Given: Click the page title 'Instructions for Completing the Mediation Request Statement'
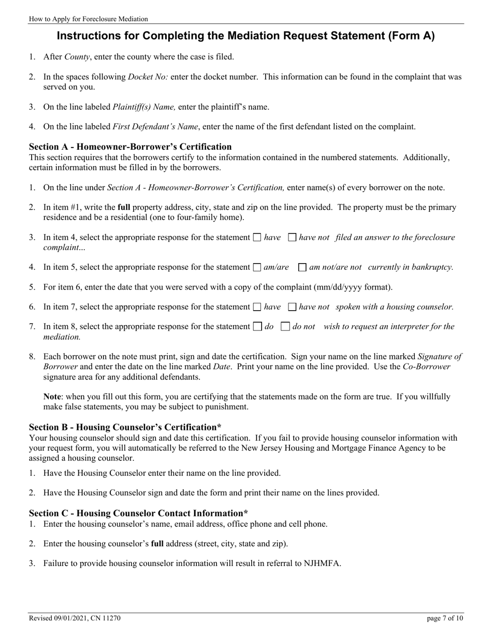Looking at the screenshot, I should (x=245, y=36).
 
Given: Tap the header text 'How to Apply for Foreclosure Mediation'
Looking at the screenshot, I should (x=89, y=19).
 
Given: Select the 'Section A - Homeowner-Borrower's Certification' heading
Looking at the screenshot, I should (x=130, y=147).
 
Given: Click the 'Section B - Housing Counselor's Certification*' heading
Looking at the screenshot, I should (x=125, y=427).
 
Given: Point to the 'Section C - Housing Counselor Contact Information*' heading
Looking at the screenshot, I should (x=138, y=513).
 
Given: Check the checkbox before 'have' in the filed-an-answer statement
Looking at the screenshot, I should (x=257, y=238).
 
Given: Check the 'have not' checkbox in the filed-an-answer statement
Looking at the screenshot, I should (x=292, y=238).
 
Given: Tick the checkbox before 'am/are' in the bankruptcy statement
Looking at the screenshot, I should (x=257, y=268).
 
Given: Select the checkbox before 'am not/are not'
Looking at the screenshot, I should (x=302, y=268).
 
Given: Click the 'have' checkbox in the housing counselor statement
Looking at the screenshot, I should (x=257, y=307).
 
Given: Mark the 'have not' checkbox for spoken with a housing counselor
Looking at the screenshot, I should (x=292, y=307).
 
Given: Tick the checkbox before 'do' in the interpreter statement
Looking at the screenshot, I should (x=257, y=327).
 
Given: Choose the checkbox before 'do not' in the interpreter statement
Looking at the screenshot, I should (x=285, y=327).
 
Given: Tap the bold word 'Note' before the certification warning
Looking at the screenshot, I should (x=53, y=397).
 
